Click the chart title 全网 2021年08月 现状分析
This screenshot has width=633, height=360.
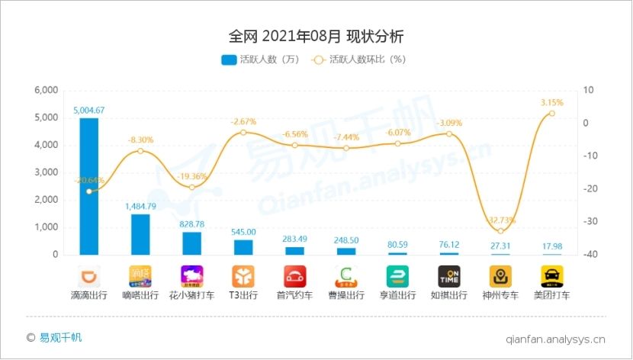[316, 36]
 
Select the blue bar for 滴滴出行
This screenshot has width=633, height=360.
[89, 186]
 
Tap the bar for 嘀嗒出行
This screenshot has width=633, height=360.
[140, 234]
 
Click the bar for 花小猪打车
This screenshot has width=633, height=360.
[191, 243]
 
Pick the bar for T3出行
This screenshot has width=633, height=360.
[243, 247]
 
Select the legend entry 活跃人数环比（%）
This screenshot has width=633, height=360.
[361, 59]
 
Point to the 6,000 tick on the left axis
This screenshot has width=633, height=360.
[47, 90]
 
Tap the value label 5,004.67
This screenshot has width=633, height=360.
[89, 110]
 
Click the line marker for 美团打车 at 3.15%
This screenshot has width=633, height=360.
[551, 113]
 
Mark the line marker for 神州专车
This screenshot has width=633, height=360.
[500, 230]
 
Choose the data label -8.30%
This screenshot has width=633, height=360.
[141, 140]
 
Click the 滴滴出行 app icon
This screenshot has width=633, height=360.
[89, 275]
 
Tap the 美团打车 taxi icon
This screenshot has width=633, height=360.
[551, 275]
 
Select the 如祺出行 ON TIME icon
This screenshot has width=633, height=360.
[448, 275]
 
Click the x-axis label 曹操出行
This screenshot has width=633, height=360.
[346, 295]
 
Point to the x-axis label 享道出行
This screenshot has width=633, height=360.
[397, 295]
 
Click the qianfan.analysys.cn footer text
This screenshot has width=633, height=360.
[555, 338]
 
